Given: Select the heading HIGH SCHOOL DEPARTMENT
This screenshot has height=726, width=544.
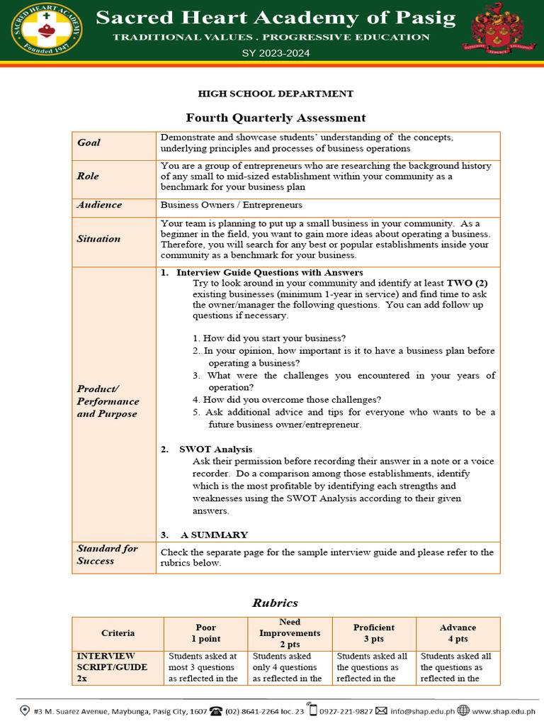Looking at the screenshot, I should coord(276,94).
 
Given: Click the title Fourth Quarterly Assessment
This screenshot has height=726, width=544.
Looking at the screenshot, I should coord(276,118).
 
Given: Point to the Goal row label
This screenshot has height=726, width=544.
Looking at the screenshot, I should coord(89,143).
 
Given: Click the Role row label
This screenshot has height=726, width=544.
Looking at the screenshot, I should coord(88,176).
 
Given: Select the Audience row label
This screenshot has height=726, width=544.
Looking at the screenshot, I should coord(99,205).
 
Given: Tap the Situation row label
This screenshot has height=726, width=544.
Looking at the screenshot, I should coord(98,239).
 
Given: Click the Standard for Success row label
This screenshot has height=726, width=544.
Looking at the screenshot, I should coord(107,554).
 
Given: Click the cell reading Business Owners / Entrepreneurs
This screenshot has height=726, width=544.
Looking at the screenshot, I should coord(231,205).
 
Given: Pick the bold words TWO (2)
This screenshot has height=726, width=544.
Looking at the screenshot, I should coord(467,282).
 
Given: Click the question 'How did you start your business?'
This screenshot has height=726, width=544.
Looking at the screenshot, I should coord(269,338).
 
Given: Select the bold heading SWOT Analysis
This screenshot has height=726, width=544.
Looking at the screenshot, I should coord(215,449).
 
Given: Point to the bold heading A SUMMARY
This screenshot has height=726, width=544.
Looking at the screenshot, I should coord(213,535).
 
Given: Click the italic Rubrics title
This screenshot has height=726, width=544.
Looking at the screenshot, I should coord(276,603).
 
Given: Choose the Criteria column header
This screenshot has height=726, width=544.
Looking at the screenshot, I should coord(118,632).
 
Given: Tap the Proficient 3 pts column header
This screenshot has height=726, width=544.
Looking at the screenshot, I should coord(373,632).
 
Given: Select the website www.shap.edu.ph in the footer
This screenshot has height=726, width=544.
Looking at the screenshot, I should coord(507,710).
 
